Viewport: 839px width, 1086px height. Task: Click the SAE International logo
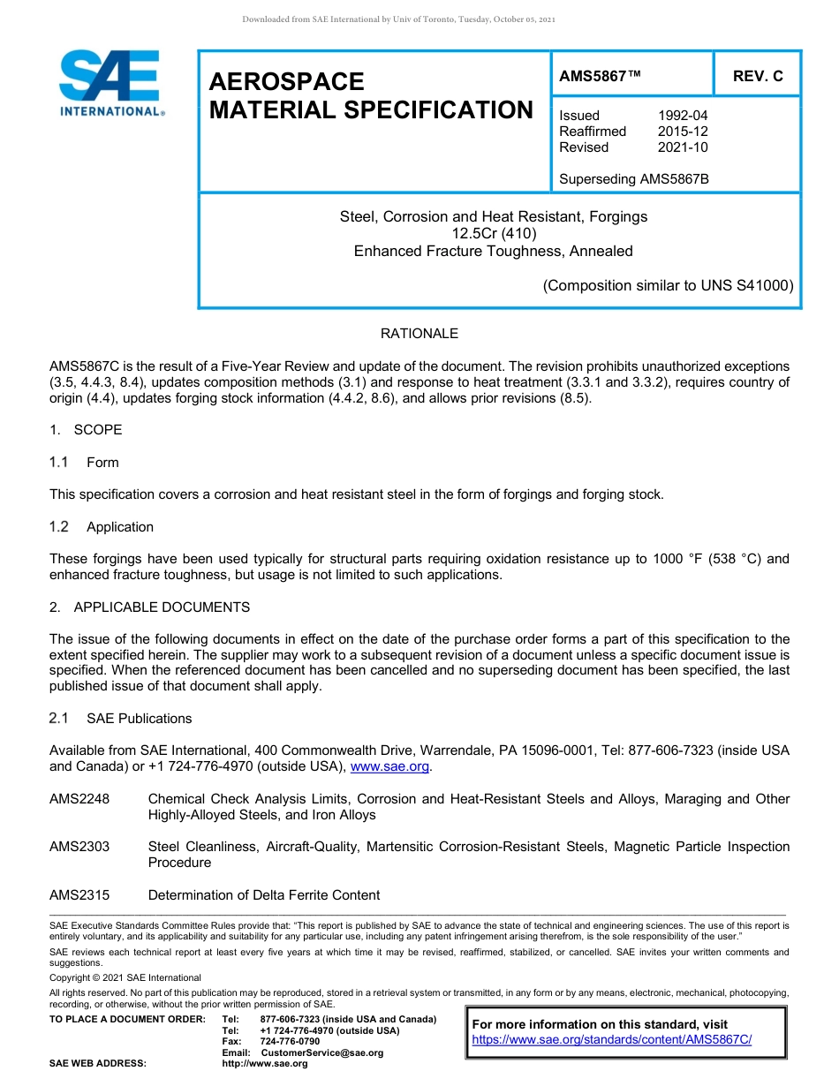pyautogui.click(x=110, y=82)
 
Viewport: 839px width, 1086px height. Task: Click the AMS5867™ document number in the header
pyautogui.click(x=600, y=76)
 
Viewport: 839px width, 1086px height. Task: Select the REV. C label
pyautogui.click(x=758, y=76)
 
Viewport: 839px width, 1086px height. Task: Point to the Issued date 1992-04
pyautogui.click(x=683, y=116)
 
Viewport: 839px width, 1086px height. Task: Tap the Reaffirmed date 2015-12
pyautogui.click(x=683, y=132)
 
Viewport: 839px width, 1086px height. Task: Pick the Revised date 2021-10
pyautogui.click(x=683, y=147)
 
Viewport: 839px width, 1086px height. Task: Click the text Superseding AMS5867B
pyautogui.click(x=634, y=179)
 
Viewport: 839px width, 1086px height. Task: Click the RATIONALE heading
pyautogui.click(x=419, y=334)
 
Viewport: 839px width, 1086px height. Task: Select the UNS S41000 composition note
pyautogui.click(x=669, y=285)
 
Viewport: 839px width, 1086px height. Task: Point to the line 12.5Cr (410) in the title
pyautogui.click(x=494, y=234)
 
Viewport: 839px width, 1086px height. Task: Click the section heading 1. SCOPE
pyautogui.click(x=86, y=430)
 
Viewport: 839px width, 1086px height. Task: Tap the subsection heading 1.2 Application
pyautogui.click(x=102, y=527)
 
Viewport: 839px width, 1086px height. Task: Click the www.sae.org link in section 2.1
pyautogui.click(x=389, y=766)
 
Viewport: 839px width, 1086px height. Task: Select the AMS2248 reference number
pyautogui.click(x=79, y=799)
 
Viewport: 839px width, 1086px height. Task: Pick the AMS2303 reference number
pyautogui.click(x=79, y=847)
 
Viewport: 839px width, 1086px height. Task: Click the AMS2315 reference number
pyautogui.click(x=79, y=895)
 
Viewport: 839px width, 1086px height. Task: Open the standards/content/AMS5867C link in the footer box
pyautogui.click(x=611, y=1040)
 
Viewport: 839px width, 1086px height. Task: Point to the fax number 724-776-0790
pyautogui.click(x=290, y=1042)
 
